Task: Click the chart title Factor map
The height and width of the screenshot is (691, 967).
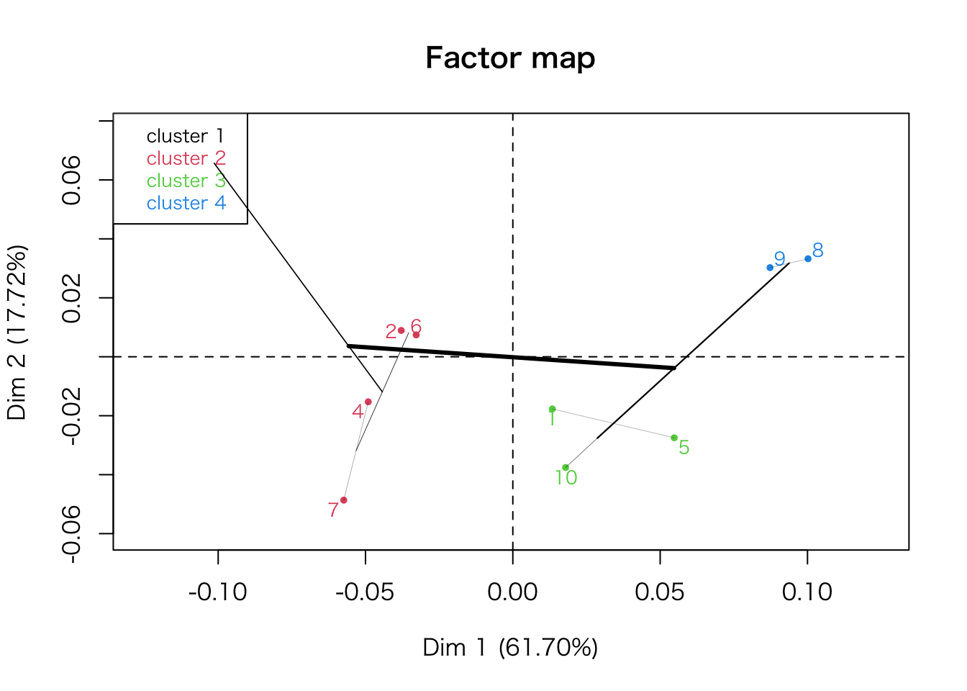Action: pos(510,58)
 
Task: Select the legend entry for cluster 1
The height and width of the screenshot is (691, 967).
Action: pos(186,136)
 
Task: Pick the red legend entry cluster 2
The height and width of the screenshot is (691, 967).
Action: pos(186,158)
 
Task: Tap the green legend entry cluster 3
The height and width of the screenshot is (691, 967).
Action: pos(186,181)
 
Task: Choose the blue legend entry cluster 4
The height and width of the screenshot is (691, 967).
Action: pos(186,203)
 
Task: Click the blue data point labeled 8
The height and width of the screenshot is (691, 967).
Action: pos(808,258)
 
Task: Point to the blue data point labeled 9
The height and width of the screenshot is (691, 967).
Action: pos(770,268)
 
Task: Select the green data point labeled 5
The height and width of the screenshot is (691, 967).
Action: pos(674,438)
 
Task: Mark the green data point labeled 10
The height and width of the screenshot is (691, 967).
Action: pos(566,468)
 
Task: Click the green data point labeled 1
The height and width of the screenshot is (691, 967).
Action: pos(553,409)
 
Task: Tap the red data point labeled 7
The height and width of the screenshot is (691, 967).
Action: pos(344,500)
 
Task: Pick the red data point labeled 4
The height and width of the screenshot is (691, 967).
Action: pos(368,402)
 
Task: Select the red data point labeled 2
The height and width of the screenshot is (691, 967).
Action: pos(401,330)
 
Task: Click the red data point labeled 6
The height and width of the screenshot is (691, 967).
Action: pos(417,335)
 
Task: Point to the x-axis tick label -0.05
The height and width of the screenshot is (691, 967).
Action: pos(365,592)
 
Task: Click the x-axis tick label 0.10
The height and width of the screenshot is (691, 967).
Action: pos(807,592)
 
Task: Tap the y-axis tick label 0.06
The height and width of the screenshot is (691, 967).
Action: pos(72,180)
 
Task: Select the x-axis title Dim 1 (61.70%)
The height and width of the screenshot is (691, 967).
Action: pos(510,648)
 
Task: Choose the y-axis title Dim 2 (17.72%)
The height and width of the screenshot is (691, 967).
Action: pos(17,333)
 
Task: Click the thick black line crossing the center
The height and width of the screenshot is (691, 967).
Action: pos(511,357)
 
